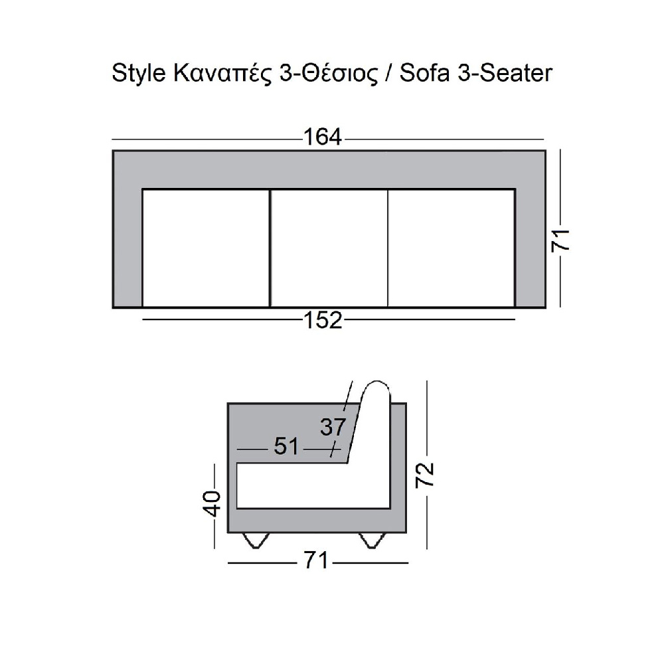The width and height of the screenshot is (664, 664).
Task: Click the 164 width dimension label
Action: (x=323, y=137)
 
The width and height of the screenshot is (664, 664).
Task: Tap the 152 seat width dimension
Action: (x=323, y=320)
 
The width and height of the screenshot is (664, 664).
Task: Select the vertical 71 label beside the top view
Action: (x=560, y=240)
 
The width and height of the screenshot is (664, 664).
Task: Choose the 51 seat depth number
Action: (x=286, y=446)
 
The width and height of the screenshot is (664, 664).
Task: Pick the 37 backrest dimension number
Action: (x=333, y=427)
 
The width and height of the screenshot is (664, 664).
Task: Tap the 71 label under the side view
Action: (x=316, y=561)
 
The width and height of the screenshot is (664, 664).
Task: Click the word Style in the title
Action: (x=139, y=74)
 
